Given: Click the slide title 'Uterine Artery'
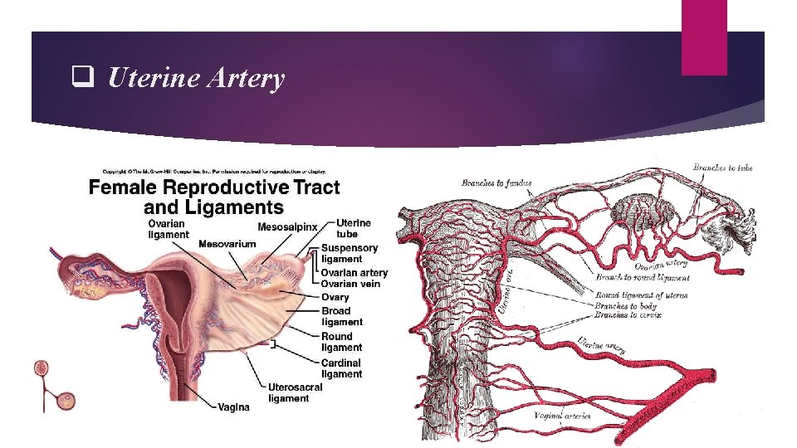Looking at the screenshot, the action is (196, 79).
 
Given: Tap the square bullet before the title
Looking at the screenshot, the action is (81, 79).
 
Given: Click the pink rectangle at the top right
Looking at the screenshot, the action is (703, 37).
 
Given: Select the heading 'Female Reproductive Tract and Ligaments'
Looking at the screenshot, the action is (214, 197).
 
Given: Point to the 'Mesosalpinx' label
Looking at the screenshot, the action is (288, 226).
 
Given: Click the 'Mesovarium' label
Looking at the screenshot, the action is (227, 244).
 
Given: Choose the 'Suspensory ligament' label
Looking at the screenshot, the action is (349, 253).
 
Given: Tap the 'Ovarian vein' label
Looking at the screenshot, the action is (350, 284).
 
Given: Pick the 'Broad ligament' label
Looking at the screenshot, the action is (342, 316).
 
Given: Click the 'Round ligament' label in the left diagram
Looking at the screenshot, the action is (342, 342).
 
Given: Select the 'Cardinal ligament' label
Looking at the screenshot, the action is (342, 368).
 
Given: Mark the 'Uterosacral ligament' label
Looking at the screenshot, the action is (295, 392).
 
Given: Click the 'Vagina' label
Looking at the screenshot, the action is (233, 407).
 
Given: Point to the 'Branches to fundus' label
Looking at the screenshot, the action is (496, 183).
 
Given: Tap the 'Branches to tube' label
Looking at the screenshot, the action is (723, 168).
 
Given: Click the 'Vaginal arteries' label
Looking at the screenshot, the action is (562, 415).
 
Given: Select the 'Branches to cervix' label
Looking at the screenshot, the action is (628, 315).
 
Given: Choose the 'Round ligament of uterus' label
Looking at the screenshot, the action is (641, 295).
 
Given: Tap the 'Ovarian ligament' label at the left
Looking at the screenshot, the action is (169, 229).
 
